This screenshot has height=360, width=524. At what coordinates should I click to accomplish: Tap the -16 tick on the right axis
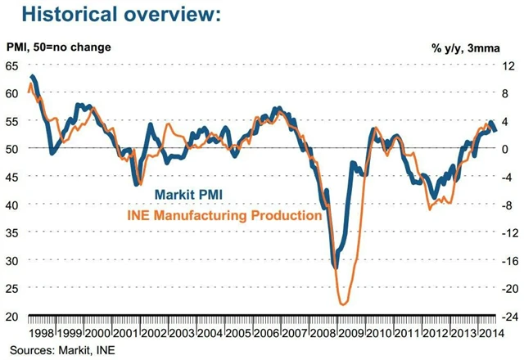[x=507, y=261]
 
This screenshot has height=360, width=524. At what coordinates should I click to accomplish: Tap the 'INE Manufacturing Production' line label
[x=223, y=216]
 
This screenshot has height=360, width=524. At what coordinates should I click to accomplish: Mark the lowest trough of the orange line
[x=341, y=304]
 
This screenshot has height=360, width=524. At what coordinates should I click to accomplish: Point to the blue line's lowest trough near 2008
[x=335, y=266]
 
